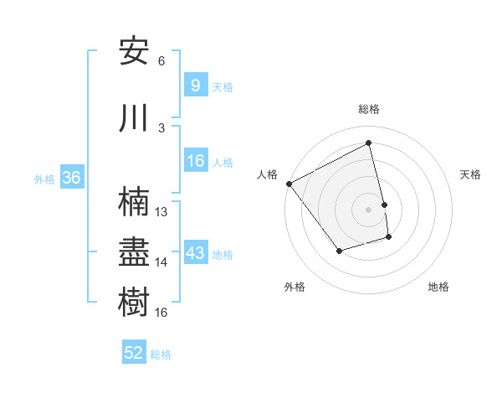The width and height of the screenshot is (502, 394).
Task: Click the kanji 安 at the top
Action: point(135,51)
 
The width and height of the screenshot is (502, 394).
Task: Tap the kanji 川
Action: point(135,117)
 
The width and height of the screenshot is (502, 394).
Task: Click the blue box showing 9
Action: point(195,86)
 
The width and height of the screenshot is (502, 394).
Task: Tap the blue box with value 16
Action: point(195,161)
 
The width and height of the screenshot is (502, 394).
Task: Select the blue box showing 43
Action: point(195,253)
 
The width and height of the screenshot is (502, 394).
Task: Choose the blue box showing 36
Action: point(71,178)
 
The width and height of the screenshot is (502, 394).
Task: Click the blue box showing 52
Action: point(134,353)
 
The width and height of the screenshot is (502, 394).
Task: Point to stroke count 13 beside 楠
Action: point(161,212)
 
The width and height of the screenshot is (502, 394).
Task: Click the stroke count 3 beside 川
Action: point(161,127)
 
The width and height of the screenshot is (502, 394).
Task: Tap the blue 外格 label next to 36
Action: point(44,179)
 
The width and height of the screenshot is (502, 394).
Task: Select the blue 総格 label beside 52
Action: point(161,355)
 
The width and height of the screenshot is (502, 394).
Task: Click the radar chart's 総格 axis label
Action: point(369,109)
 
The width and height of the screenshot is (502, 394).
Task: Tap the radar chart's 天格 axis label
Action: point(471,174)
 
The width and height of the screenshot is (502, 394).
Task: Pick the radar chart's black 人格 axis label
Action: point(267,174)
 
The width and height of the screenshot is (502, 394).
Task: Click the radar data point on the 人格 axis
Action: point(289,184)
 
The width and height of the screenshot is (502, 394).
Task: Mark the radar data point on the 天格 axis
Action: point(384,204)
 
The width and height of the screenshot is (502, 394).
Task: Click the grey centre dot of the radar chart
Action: point(369,209)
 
